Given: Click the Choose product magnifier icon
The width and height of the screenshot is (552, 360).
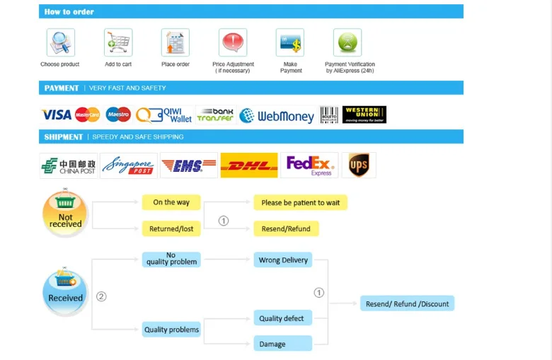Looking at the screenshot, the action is coord(60,42).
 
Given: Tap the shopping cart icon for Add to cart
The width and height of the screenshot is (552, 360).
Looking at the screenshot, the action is coord(118,42).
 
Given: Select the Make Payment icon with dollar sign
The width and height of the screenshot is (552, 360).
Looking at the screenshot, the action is coord(290,42).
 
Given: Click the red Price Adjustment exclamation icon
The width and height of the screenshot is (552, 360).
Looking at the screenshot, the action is coord(233,42).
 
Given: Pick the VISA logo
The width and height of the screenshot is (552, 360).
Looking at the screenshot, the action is coord(57,115).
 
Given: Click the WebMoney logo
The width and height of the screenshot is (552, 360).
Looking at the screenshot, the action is coord(277,116).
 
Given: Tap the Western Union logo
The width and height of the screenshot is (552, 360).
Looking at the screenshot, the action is coord(364,115).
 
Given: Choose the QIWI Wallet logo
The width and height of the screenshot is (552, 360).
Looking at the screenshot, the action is coord(164,115).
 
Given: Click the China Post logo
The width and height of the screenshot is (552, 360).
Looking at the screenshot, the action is coord(68,166).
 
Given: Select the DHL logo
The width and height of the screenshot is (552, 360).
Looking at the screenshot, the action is coord(249,166).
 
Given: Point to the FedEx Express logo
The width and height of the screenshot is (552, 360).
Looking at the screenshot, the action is coord(310,166).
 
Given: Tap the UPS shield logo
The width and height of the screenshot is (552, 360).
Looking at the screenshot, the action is coord(359,166).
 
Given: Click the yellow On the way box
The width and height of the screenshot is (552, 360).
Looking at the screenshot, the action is coord(171,202).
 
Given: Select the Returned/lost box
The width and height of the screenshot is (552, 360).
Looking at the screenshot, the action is coord(171,228).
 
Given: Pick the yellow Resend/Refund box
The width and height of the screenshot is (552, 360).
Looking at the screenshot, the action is coord(287,228).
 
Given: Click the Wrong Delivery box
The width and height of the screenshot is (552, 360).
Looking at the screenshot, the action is coord(283,260).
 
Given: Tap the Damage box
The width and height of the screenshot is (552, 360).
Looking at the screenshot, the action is coord(283,344).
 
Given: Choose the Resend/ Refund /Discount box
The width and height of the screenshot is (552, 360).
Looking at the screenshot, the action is coord(407,303).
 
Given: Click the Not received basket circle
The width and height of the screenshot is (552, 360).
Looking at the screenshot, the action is coord(66,213).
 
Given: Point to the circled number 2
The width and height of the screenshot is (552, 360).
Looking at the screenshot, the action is coord(101,296).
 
